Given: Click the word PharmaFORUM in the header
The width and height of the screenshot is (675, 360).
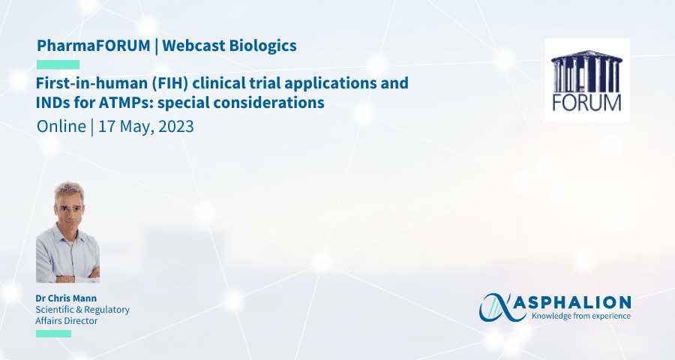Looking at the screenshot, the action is click(x=94, y=46).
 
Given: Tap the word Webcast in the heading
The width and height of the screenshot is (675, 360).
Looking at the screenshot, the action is click(x=193, y=46).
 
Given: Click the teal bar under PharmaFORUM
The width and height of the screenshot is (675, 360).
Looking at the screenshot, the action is click(x=58, y=64).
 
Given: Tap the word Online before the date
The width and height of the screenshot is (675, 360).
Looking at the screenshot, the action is click(x=61, y=127).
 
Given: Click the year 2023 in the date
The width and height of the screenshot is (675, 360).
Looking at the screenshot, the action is click(x=176, y=127).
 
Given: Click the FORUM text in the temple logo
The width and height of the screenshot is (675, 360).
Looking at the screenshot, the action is click(x=586, y=103).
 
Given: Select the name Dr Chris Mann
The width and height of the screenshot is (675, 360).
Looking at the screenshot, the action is click(x=66, y=298).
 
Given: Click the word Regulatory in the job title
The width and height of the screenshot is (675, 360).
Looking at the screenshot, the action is click(x=106, y=310).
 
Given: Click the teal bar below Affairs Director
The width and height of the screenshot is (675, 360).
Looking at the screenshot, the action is click(x=53, y=334).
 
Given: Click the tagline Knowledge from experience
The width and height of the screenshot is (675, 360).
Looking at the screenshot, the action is click(x=581, y=316).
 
